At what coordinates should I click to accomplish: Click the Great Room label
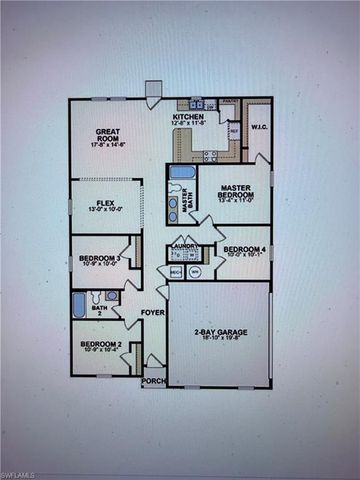(x=108, y=132)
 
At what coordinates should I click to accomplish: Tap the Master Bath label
(x=186, y=196)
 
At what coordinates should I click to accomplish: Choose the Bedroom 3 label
(x=100, y=258)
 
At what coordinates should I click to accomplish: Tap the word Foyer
(x=153, y=312)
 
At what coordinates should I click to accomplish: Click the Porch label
(x=154, y=380)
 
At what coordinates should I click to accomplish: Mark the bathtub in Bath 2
(x=79, y=305)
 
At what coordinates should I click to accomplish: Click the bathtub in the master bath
(x=182, y=172)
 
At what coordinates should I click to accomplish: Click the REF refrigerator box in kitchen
(x=233, y=131)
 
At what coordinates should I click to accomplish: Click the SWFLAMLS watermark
(x=22, y=472)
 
